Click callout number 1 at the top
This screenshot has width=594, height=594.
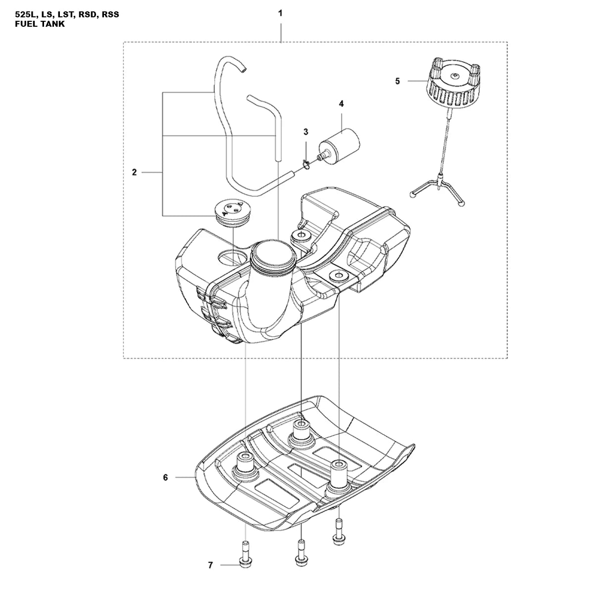click(280, 13)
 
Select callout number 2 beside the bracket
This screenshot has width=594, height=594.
click(134, 172)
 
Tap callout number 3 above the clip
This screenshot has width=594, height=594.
click(305, 132)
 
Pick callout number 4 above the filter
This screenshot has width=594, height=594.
click(341, 104)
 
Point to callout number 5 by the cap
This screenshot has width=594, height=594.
click(397, 81)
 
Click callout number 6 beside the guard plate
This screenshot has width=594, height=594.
click(165, 478)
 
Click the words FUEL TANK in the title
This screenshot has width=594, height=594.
click(40, 24)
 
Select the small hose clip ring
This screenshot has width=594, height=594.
click(306, 164)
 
